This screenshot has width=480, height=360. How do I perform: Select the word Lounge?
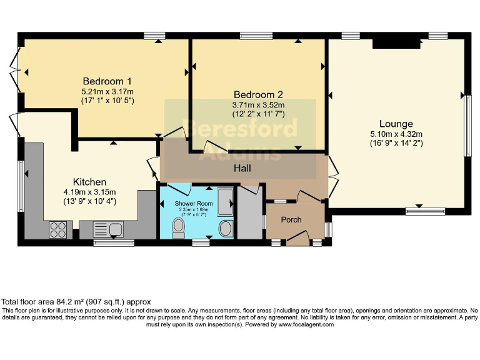click(x=396, y=123)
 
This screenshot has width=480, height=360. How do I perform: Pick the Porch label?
click(x=291, y=219)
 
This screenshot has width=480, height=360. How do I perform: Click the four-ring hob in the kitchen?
click(x=58, y=229)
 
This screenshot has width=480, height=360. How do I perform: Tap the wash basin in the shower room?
click(x=225, y=228)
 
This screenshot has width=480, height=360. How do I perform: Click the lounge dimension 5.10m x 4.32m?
click(x=396, y=133)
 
